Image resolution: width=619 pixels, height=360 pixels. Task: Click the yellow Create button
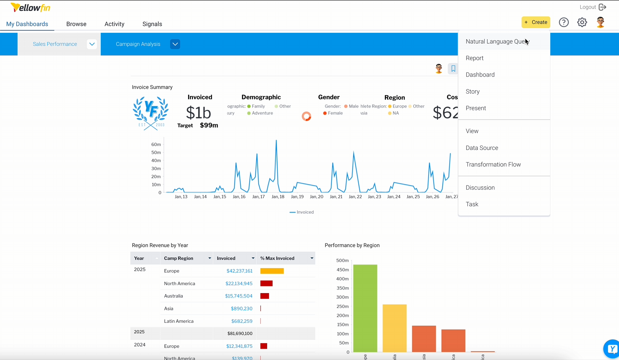tap(536, 22)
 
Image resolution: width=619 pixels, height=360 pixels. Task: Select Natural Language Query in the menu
tap(497, 41)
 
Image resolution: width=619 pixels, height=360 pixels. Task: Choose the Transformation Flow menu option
tap(493, 165)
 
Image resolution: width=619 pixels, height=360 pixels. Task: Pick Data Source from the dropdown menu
tap(482, 148)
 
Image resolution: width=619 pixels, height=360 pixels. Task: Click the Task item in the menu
tap(472, 204)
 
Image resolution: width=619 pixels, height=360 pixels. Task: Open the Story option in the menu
tap(473, 92)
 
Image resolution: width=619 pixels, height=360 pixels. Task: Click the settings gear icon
tap(582, 22)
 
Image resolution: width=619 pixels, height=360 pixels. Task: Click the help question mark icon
tap(564, 22)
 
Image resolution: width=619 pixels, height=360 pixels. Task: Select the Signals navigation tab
tap(152, 24)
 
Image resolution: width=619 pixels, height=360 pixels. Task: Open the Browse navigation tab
tap(76, 24)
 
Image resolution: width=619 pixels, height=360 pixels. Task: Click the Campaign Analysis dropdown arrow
tap(175, 44)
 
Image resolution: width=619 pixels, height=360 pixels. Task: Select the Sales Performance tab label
tap(55, 44)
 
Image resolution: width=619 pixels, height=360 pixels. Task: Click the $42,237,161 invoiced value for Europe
tap(239, 271)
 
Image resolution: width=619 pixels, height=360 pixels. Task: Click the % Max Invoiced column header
tap(277, 258)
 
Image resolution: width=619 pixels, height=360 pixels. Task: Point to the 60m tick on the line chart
tap(156, 144)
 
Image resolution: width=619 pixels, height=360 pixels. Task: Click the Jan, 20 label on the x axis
tap(316, 197)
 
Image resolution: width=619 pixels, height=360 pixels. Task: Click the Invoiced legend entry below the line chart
tap(302, 212)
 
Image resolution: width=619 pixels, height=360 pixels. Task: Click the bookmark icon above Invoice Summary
tap(453, 69)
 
